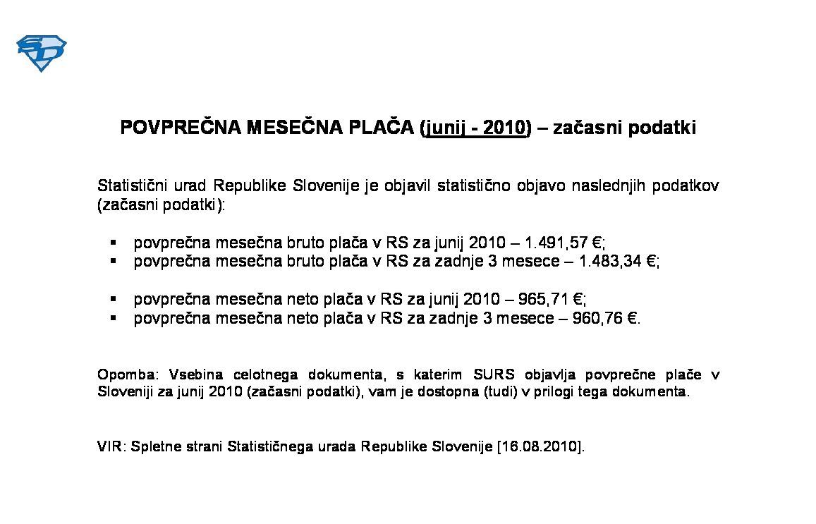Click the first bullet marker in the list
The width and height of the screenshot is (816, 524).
point(113,243)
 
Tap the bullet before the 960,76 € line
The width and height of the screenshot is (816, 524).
point(113,318)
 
